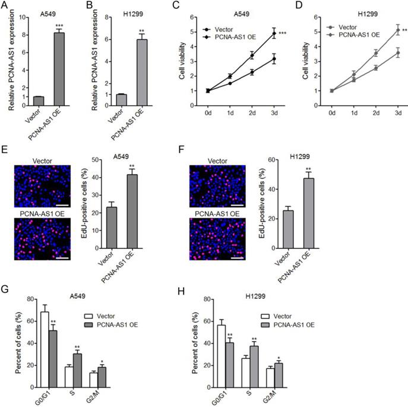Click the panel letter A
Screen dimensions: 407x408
(5, 7)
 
